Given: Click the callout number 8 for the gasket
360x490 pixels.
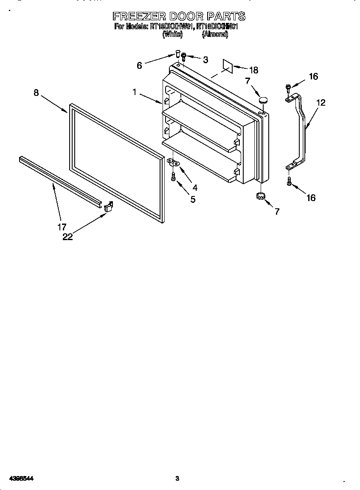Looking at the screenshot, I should (37, 93).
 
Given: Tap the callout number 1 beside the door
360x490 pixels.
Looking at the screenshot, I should (135, 92).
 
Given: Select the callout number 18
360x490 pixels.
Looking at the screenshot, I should (253, 70).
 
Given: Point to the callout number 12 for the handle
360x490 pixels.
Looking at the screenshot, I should (321, 103).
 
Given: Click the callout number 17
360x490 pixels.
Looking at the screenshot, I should (62, 227).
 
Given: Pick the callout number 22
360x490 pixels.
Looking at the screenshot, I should (67, 237).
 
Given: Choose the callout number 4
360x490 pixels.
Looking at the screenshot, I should (194, 188).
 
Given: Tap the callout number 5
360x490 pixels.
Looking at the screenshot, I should (193, 199).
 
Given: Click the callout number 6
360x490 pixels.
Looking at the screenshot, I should (139, 65).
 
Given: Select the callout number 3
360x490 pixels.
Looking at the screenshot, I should (205, 60).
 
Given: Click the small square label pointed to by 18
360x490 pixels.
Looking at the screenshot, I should (228, 66).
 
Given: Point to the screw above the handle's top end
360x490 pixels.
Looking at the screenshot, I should (289, 88).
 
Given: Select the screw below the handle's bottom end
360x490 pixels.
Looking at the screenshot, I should (289, 182).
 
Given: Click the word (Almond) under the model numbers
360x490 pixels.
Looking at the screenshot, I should (215, 35).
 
